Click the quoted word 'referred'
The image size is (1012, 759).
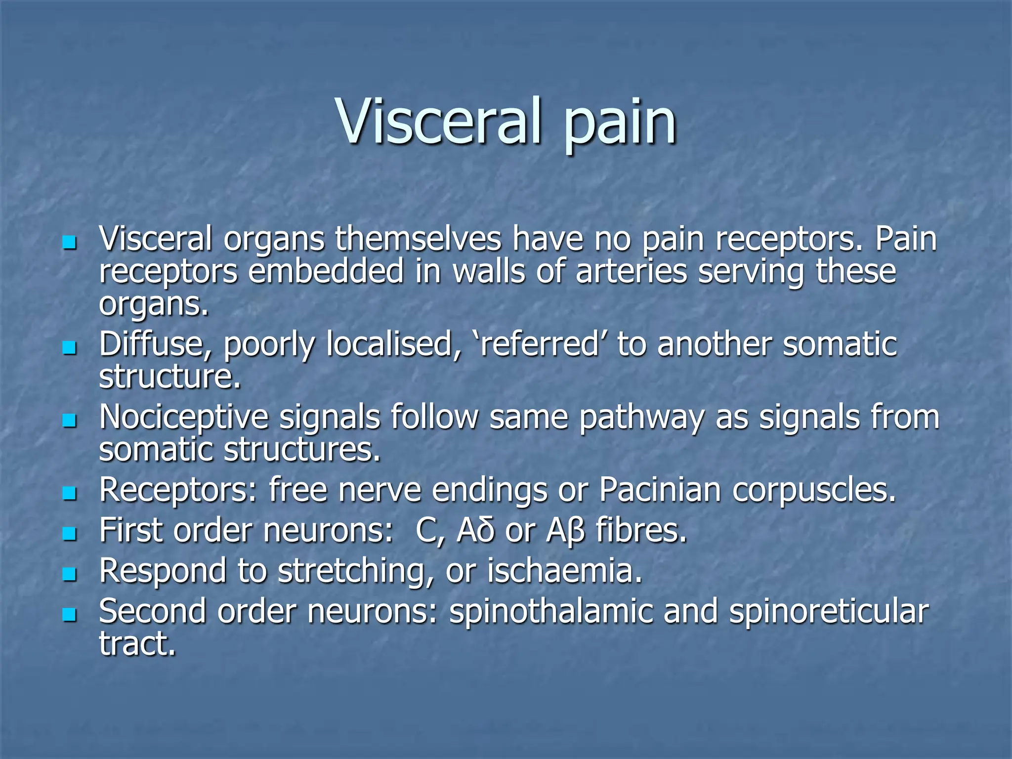click(539, 344)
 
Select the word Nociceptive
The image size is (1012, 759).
click(183, 418)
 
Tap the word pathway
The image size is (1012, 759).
click(641, 418)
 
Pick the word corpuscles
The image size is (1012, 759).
click(813, 490)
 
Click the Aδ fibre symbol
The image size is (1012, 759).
click(475, 531)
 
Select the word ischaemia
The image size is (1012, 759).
click(564, 571)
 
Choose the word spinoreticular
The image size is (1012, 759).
click(829, 612)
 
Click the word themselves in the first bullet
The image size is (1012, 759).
click(418, 239)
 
